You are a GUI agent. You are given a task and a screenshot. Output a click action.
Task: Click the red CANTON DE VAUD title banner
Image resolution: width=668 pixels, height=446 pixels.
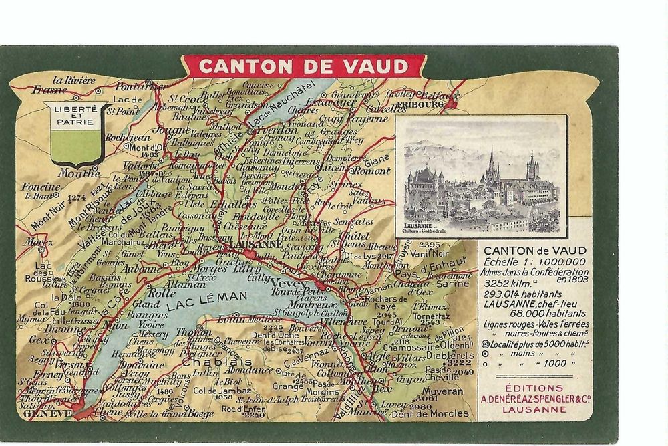pyautogui.click(x=303, y=66)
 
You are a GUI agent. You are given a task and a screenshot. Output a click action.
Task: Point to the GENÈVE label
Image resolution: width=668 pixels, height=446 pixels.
pyautogui.click(x=47, y=413)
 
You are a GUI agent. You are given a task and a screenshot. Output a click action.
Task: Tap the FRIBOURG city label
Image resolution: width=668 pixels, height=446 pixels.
pyautogui.click(x=424, y=105)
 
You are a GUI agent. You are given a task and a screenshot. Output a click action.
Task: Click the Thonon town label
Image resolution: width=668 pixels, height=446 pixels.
pyautogui.click(x=194, y=332)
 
